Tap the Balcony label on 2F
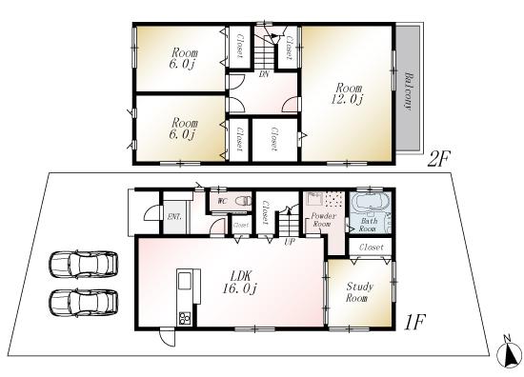point(408,91)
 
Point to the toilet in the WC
point(244,201)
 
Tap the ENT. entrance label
point(175,217)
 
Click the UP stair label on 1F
point(289,242)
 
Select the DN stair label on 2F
point(263,75)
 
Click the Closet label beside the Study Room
point(373,247)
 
